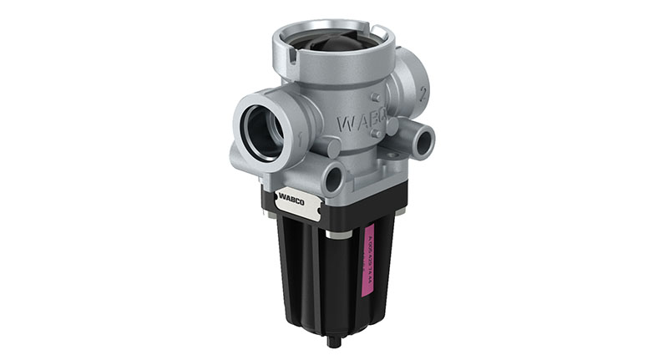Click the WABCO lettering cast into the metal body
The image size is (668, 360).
pos(362,123)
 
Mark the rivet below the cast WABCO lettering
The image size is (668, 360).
pos(377,134)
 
